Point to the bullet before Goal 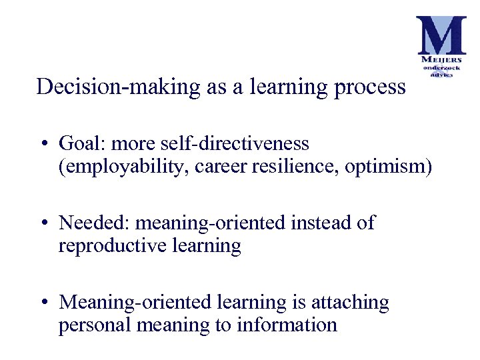(42, 144)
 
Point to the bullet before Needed (42, 223)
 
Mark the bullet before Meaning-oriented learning (42, 303)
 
